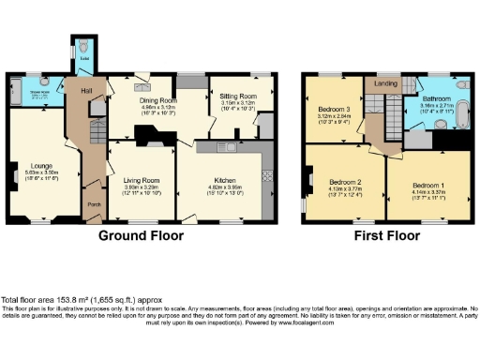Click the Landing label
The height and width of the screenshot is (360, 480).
[x=385, y=84]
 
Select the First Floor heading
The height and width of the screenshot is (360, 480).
[x=384, y=237]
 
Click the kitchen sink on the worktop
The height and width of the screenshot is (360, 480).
[x=221, y=147]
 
